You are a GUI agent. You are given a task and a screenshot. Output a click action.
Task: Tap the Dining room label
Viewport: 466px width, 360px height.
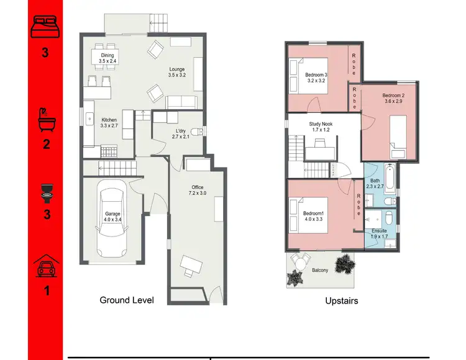107,58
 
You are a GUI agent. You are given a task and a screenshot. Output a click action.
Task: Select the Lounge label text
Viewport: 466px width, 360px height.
177,72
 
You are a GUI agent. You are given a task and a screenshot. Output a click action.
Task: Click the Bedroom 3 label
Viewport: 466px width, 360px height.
316,78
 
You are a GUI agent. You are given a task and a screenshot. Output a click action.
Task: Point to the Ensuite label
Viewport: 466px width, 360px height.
378,233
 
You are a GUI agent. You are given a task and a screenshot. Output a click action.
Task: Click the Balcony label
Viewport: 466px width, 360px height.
320,271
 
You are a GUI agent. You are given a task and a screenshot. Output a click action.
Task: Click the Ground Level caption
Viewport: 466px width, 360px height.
127,300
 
